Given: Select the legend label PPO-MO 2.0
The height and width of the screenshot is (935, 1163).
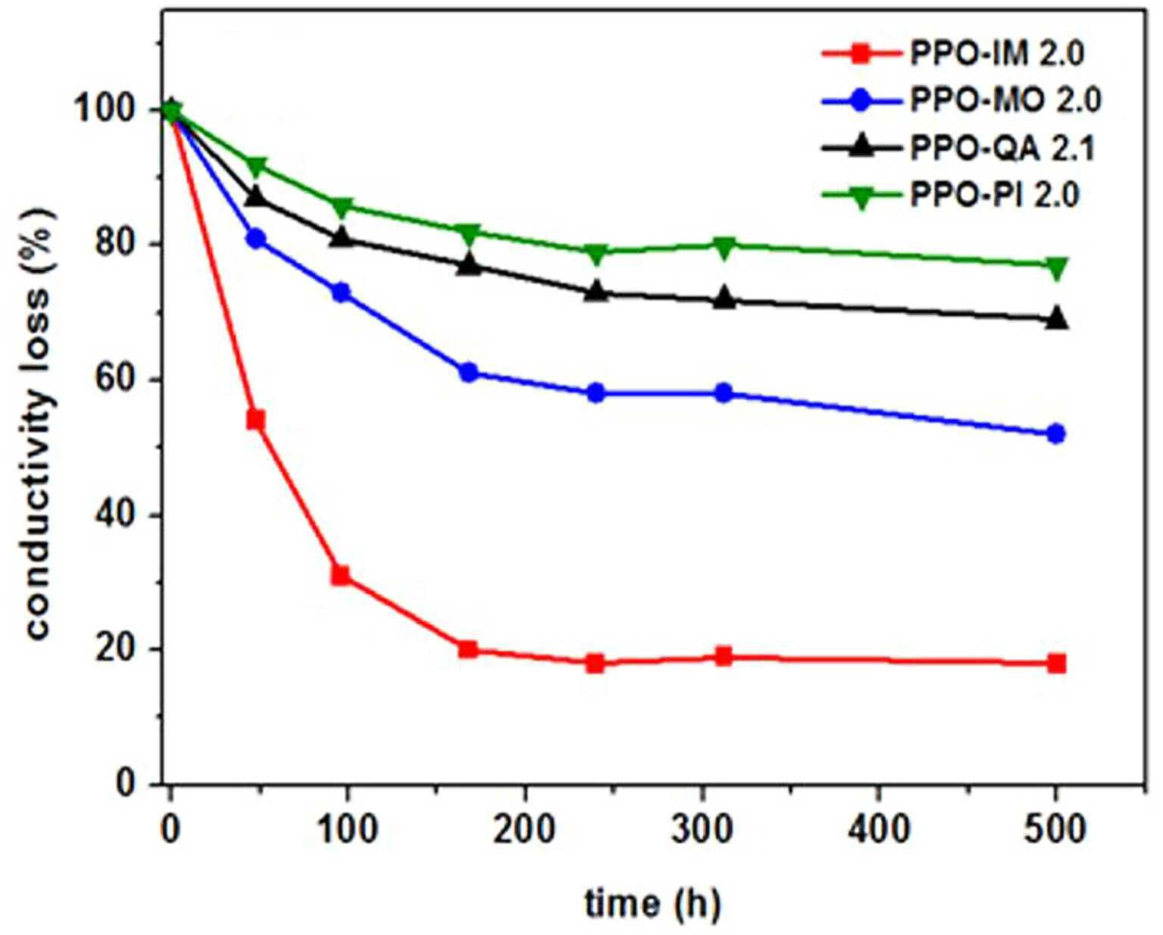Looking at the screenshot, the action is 1005,101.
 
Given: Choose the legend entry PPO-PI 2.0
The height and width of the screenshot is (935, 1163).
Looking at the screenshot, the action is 995,195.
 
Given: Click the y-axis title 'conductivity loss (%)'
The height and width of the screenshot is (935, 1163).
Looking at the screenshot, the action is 39,425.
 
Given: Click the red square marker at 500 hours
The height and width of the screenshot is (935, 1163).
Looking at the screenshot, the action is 1056,664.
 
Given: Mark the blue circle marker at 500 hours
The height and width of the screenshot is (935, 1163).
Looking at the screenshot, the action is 1056,433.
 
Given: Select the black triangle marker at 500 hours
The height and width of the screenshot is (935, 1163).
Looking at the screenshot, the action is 1056,318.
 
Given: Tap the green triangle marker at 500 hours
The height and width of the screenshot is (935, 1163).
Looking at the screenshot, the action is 1056,267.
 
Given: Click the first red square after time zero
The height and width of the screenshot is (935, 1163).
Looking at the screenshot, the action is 255,420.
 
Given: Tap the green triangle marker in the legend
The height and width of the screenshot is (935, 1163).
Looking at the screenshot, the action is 862,198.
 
